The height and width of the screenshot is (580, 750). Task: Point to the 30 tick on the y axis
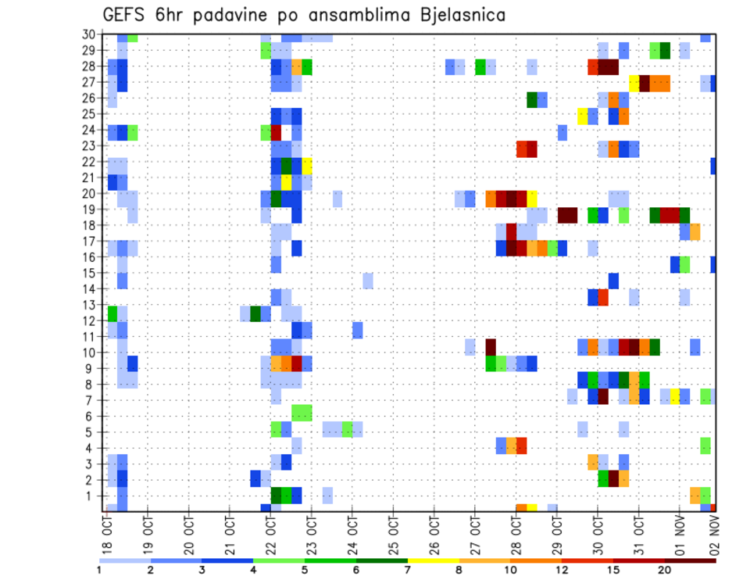(x=90, y=34)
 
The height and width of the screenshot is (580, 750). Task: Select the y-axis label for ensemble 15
(x=90, y=273)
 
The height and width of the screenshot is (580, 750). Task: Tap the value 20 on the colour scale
(x=665, y=570)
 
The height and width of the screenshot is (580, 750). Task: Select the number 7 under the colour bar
(x=408, y=570)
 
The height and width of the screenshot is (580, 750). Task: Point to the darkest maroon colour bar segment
(x=691, y=560)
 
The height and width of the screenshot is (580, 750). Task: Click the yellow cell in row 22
(x=307, y=166)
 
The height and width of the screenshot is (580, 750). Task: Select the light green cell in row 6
(x=302, y=412)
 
